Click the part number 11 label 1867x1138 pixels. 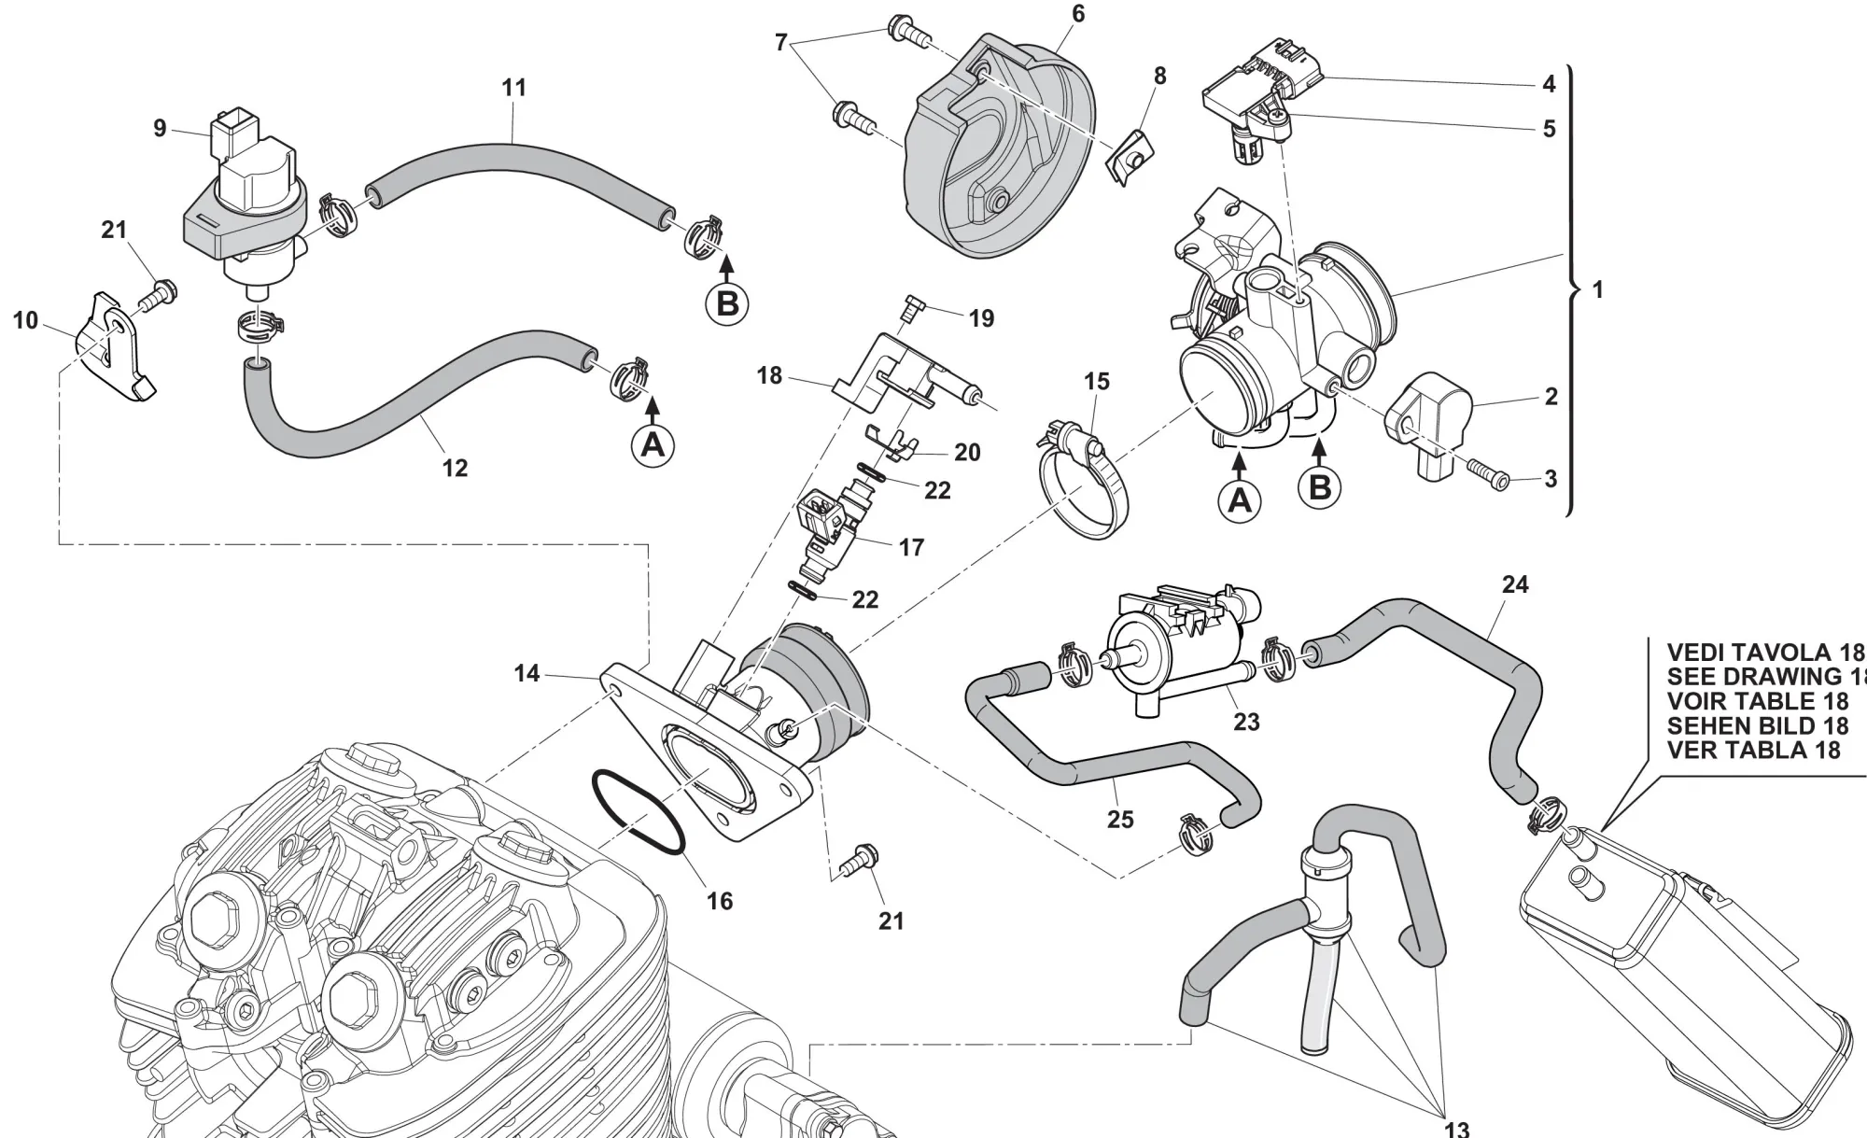pyautogui.click(x=513, y=88)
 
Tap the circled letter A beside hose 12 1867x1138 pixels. pyautogui.click(x=653, y=445)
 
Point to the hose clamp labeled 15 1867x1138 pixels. pyautogui.click(x=1081, y=485)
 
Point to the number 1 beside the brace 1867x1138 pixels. pyautogui.click(x=1597, y=289)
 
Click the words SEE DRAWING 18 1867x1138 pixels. pyautogui.click(x=1764, y=676)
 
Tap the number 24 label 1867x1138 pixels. pyautogui.click(x=1515, y=584)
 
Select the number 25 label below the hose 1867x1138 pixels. pyautogui.click(x=1120, y=819)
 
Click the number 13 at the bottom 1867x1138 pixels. pyautogui.click(x=1455, y=1128)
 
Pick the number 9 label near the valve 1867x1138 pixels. pyautogui.click(x=160, y=128)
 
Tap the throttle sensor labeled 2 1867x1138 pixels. pyautogui.click(x=1428, y=420)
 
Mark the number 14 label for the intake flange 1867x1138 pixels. pyautogui.click(x=526, y=672)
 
